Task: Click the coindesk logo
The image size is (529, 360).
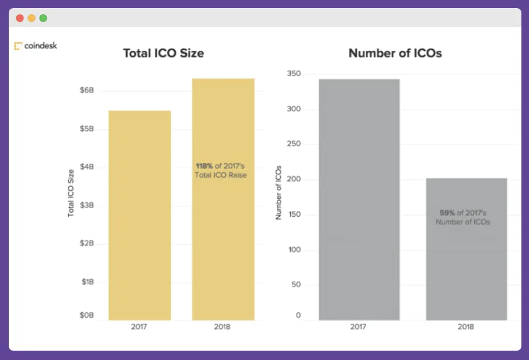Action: click(36, 46)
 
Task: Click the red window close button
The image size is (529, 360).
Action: click(20, 18)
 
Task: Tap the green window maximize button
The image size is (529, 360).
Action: click(43, 18)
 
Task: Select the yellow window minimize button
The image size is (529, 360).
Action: click(32, 18)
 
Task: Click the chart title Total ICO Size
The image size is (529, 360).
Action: click(163, 53)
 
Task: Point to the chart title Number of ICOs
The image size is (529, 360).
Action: click(395, 53)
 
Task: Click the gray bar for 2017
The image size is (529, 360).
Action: click(359, 199)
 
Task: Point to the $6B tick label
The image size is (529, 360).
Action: click(86, 91)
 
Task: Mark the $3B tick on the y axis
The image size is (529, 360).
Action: click(86, 205)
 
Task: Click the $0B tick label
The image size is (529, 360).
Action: click(86, 316)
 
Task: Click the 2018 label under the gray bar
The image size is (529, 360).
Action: click(466, 327)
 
